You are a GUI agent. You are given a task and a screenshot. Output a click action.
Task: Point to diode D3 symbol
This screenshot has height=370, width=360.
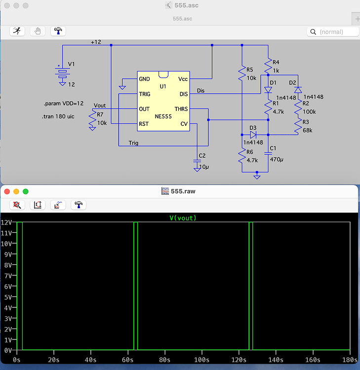(253, 134)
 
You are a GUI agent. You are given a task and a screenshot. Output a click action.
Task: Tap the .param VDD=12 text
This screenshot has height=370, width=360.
(64, 104)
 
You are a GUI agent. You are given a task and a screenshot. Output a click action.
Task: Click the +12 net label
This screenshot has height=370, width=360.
(96, 42)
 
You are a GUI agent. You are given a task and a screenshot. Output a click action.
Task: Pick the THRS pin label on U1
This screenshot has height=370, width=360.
(181, 109)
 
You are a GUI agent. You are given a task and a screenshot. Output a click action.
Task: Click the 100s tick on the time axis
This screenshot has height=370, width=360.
(201, 360)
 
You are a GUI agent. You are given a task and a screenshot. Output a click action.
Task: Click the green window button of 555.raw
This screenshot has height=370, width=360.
(26, 191)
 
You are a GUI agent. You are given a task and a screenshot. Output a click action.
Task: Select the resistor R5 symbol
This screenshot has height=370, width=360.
(242, 74)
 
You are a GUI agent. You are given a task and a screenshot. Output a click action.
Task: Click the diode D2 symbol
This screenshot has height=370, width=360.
(298, 90)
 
